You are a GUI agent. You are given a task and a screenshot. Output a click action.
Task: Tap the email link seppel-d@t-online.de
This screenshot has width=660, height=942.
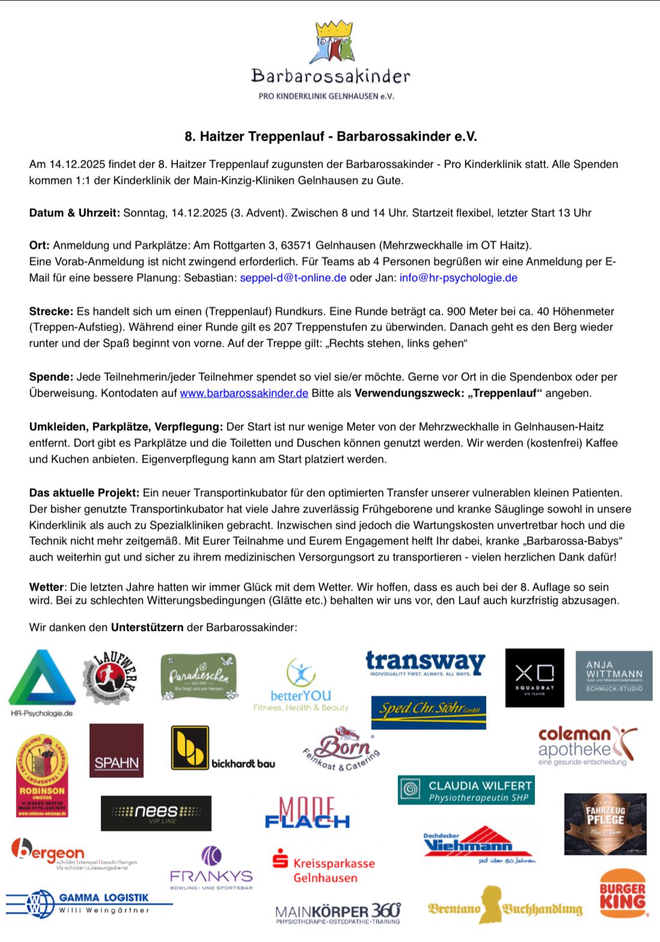tap(293, 278)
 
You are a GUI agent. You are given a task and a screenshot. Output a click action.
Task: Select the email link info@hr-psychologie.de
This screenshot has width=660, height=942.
tap(458, 278)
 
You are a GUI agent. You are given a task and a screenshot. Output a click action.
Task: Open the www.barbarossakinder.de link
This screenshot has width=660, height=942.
tap(244, 393)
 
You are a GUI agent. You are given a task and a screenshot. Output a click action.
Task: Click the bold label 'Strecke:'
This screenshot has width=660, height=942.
tap(51, 311)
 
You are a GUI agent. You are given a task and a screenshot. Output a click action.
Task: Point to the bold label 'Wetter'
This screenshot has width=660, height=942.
tap(46, 587)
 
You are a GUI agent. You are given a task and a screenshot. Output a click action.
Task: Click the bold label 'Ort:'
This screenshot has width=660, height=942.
tap(40, 245)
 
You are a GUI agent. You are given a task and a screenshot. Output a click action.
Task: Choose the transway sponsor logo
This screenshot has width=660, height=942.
tap(426, 664)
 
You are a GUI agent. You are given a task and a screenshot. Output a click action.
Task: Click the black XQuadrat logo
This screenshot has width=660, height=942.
tap(534, 677)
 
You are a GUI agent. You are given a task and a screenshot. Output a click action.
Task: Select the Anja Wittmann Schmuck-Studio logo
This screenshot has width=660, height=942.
tap(614, 675)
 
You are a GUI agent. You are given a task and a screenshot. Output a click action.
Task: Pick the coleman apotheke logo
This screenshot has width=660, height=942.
tap(586, 746)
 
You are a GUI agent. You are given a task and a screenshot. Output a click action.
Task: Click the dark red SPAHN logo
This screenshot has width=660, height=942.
tap(116, 750)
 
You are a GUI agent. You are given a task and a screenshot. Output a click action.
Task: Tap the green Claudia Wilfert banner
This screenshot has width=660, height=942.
tap(466, 790)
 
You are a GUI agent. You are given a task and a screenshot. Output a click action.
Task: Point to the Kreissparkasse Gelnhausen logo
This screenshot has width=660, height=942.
tap(324, 866)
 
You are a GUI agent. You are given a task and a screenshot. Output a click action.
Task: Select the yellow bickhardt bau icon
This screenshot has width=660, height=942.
tap(190, 747)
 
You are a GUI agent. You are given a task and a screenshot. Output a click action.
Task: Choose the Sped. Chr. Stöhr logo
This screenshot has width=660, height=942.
tap(429, 711)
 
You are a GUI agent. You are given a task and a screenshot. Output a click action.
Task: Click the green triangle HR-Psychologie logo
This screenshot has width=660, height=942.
tap(42, 678)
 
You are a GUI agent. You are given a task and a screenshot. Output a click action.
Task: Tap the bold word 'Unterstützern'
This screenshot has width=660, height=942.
tap(147, 627)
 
